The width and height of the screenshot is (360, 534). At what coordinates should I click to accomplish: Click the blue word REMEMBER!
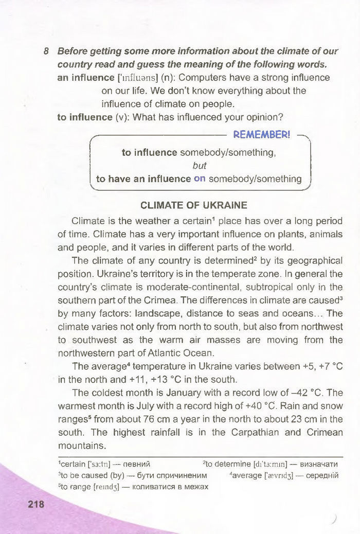[262, 135]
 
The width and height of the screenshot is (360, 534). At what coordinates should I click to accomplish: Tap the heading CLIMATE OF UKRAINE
[194, 205]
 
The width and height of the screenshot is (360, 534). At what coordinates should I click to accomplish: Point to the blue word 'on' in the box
[200, 179]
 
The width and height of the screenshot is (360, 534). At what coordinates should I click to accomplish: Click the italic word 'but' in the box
[199, 166]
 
